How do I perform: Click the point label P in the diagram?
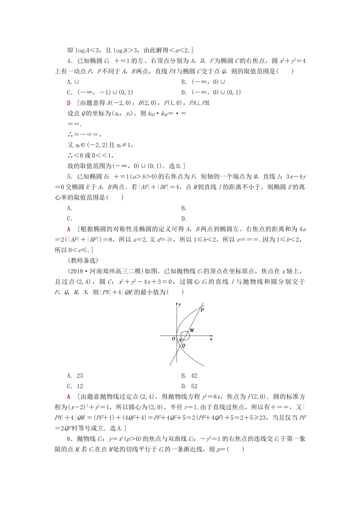(x=202, y=310)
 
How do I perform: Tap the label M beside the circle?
(x=192, y=330)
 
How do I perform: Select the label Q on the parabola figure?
(x=184, y=345)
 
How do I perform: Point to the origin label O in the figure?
(x=174, y=339)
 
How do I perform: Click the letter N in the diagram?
(x=180, y=340)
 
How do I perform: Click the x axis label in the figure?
(x=211, y=339)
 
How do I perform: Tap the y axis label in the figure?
(x=180, y=304)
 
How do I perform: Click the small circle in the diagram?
(x=185, y=336)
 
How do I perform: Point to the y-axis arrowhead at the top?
(x=177, y=304)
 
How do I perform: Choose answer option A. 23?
(x=75, y=376)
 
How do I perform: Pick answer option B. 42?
(x=189, y=376)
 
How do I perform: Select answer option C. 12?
(x=75, y=386)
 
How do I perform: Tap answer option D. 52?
(x=189, y=386)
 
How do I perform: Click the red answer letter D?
(x=69, y=103)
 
